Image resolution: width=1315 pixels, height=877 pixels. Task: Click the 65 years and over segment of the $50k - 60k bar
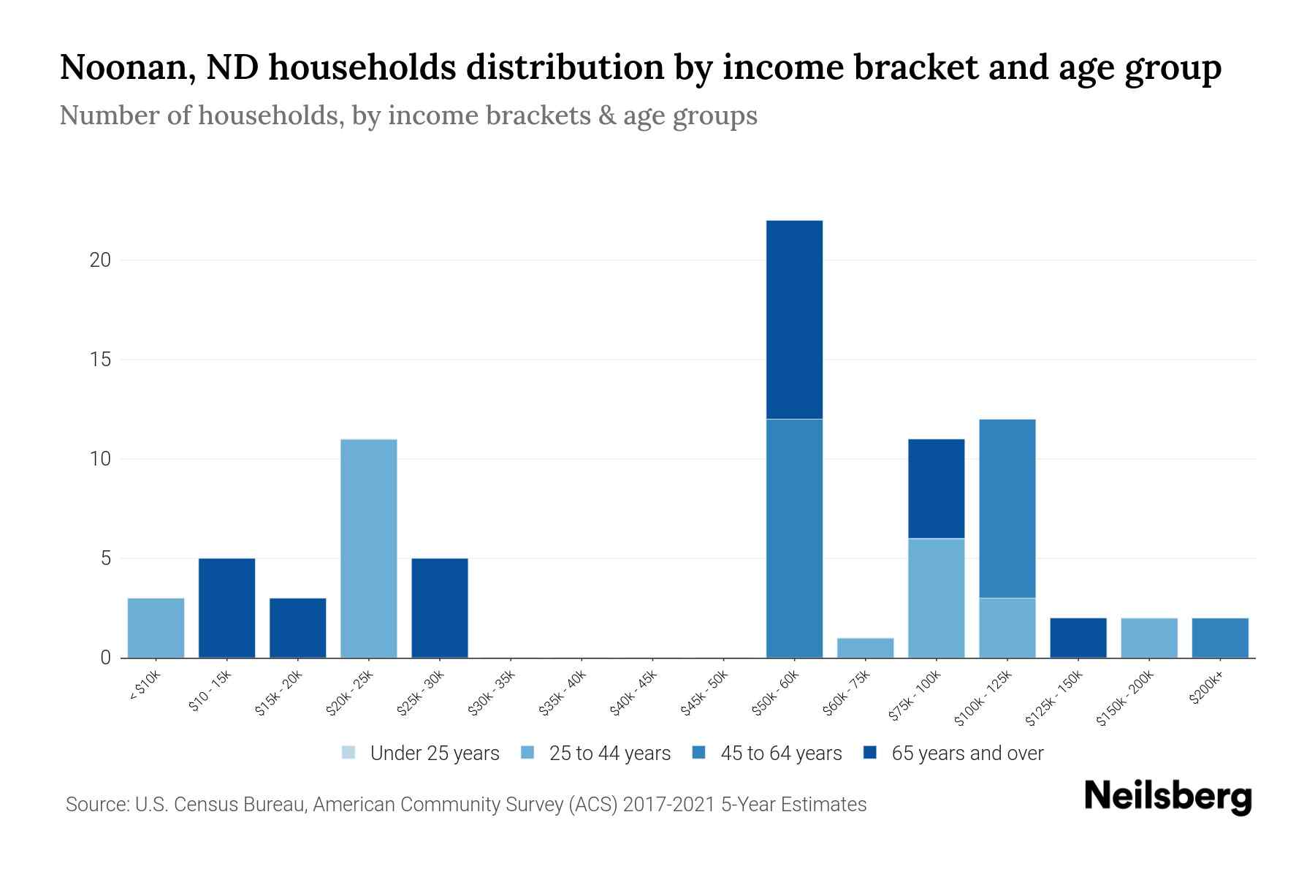click(794, 319)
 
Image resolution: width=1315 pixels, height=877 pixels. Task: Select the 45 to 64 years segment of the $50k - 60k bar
click(794, 538)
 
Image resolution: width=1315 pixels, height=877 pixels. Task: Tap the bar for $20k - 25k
click(369, 548)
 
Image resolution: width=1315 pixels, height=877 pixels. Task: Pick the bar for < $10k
click(156, 628)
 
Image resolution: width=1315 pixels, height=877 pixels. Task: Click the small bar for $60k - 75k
click(865, 648)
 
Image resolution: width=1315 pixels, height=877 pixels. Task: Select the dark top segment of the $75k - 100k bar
click(936, 488)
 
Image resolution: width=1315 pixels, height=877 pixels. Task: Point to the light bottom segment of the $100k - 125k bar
click(1007, 628)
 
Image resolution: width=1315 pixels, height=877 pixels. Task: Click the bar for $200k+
click(1219, 638)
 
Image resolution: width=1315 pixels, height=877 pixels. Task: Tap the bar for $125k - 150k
click(1078, 638)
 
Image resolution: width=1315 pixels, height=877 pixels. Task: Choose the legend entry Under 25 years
click(434, 753)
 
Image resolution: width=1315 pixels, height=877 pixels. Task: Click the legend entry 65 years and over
click(967, 753)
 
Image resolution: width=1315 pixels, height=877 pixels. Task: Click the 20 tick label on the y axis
click(100, 260)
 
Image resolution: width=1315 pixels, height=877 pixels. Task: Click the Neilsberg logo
click(1167, 797)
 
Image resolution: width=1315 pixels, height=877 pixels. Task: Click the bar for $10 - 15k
click(226, 608)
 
